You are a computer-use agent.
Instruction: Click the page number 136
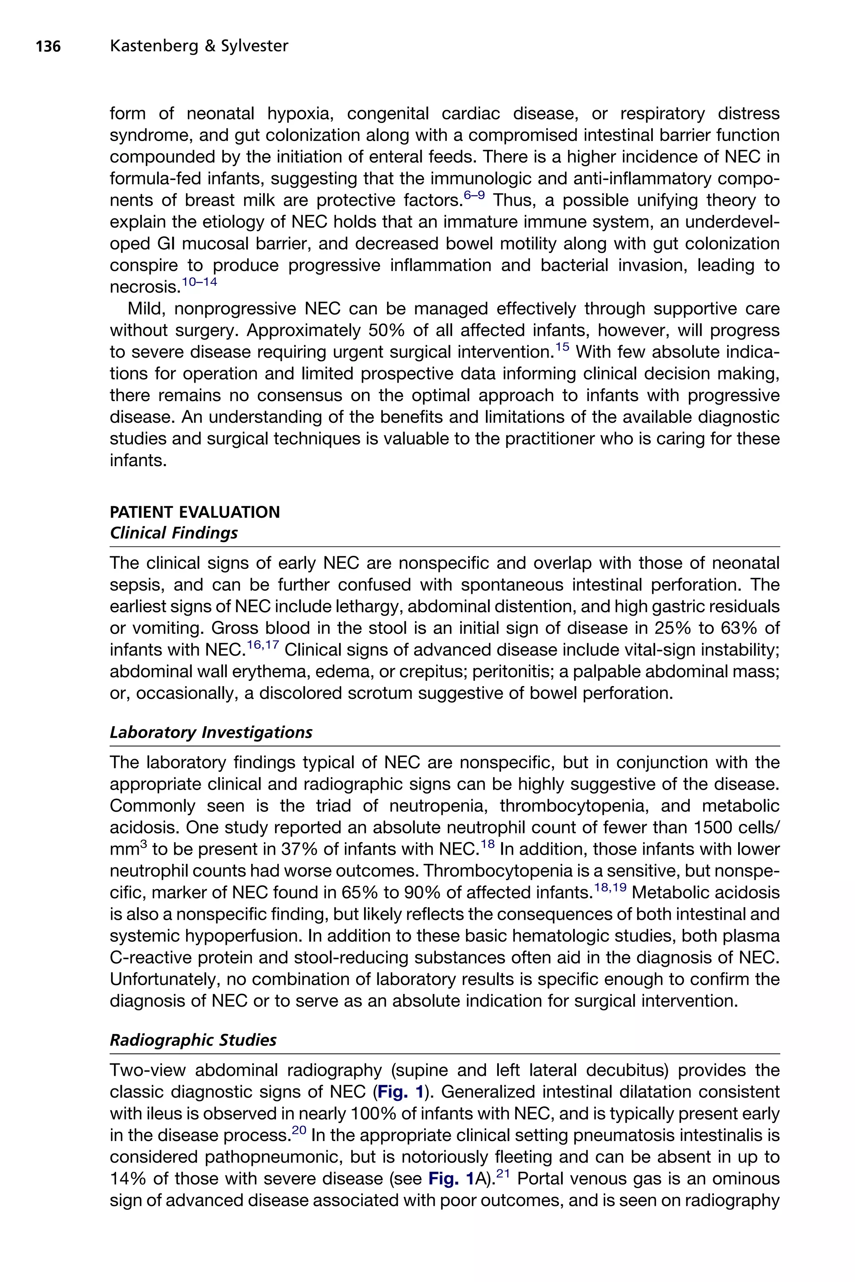pyautogui.click(x=48, y=47)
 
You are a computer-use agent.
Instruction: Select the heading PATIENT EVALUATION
pyautogui.click(x=195, y=512)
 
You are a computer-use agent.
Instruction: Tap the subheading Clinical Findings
pyautogui.click(x=173, y=532)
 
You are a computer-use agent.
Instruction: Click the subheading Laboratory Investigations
pyautogui.click(x=210, y=732)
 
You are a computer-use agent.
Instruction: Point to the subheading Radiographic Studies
pyautogui.click(x=192, y=1040)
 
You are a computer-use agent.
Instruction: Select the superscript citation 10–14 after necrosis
pyautogui.click(x=199, y=282)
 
